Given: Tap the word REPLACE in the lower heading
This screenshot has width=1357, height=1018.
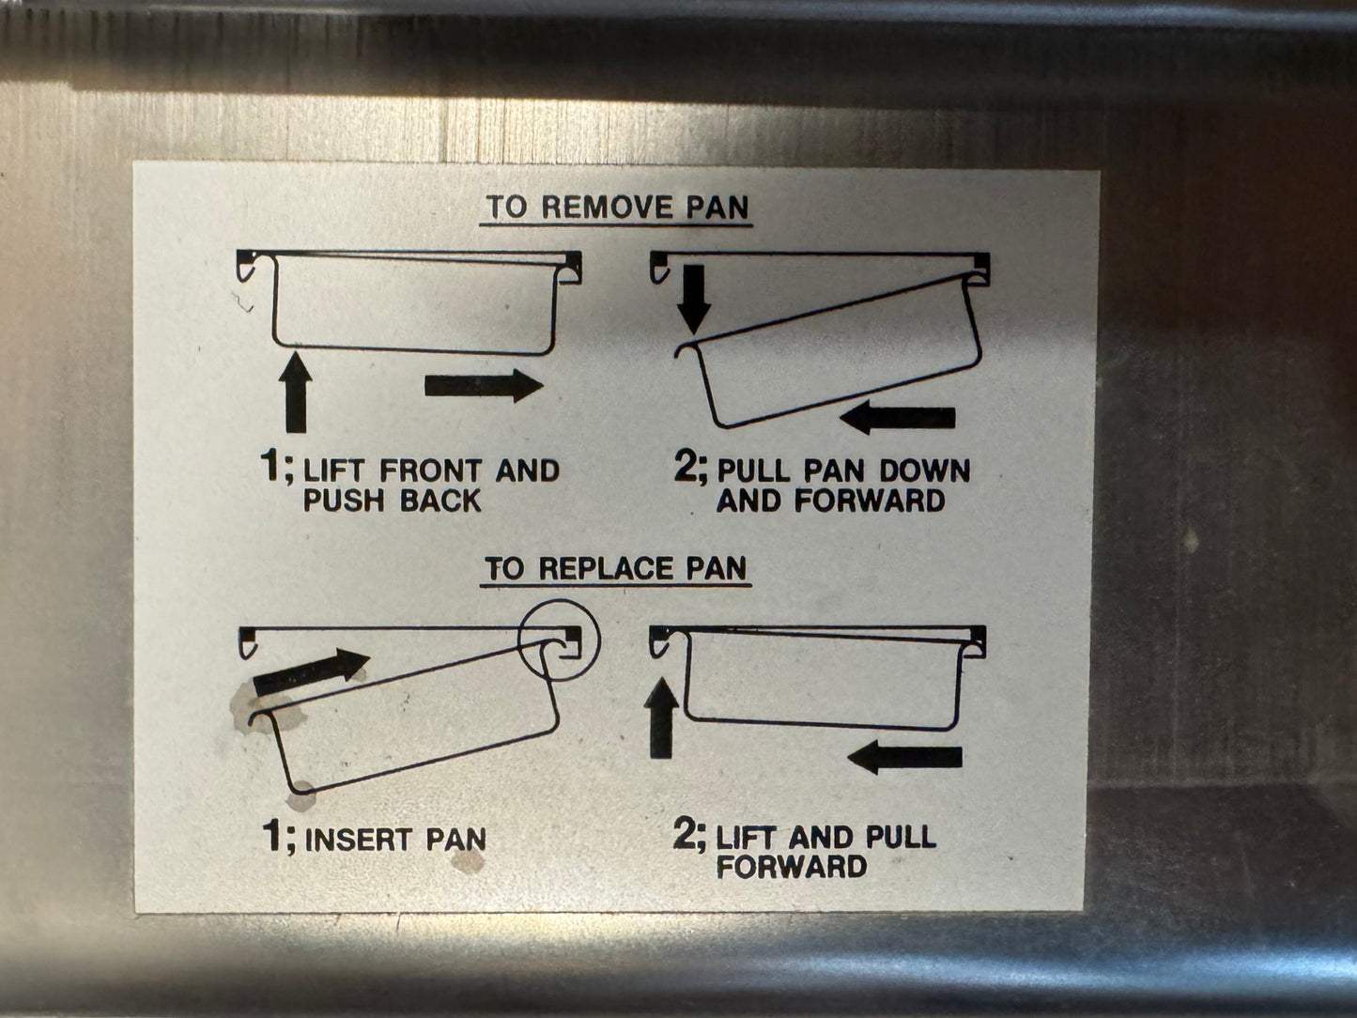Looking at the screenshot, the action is tap(607, 568).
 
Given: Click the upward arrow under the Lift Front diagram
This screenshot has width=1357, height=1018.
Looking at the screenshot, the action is tap(296, 392).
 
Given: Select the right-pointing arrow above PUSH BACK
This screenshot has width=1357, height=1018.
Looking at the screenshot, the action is tap(484, 386).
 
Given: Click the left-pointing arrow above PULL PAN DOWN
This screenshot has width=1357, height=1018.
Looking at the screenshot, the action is tap(898, 417).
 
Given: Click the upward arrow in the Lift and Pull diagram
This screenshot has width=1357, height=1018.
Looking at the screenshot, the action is tap(661, 717).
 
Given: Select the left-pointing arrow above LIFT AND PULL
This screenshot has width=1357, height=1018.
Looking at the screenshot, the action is tap(905, 757).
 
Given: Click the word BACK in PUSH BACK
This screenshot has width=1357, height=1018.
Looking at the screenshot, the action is tap(440, 501).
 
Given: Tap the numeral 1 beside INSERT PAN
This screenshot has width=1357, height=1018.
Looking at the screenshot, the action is tap(272, 837).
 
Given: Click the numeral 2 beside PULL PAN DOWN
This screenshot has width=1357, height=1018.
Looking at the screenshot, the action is tap(686, 468).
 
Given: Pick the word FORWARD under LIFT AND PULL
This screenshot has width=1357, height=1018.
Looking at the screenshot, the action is tap(792, 867).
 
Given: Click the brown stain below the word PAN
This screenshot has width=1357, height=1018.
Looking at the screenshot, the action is tap(468, 861).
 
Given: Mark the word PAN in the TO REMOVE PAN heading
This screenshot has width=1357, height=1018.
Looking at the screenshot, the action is tap(717, 207).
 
